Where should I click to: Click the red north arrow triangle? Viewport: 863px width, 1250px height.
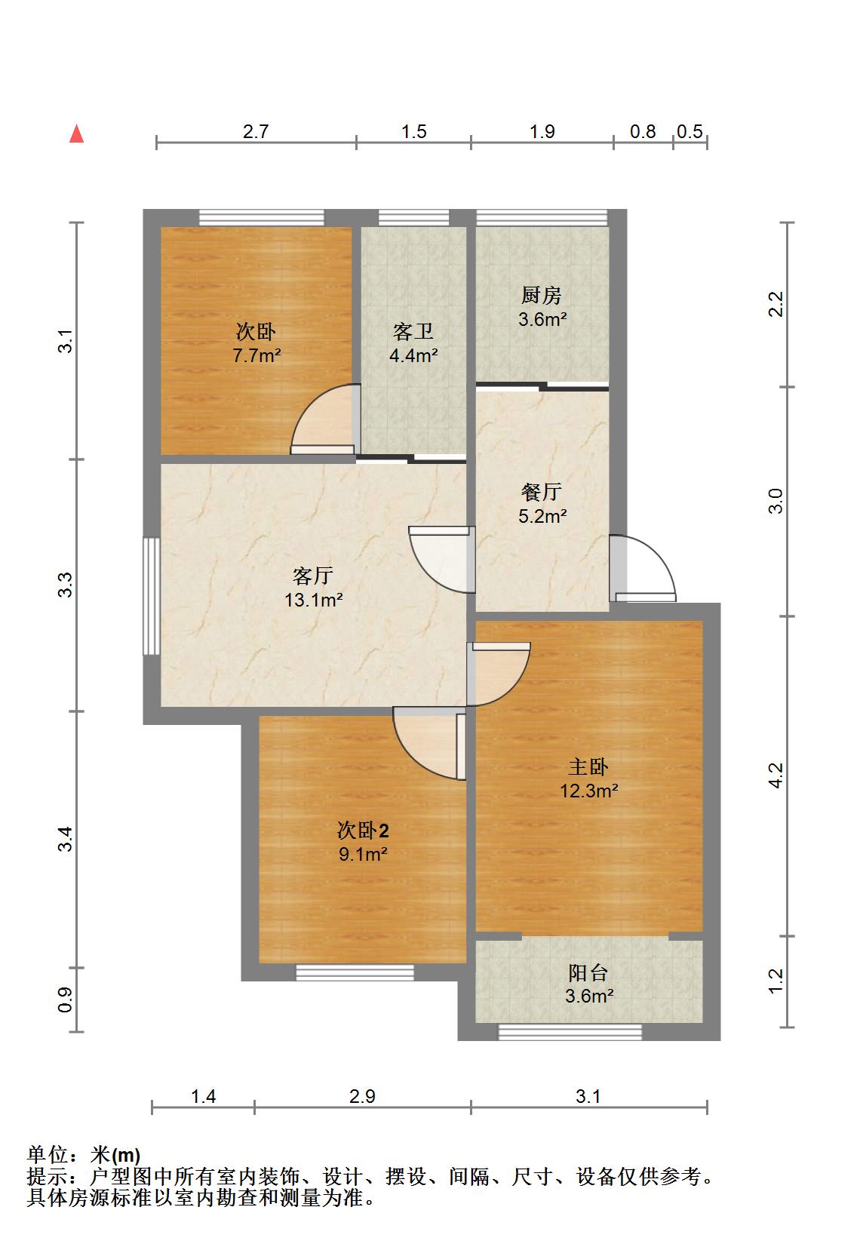click(76, 134)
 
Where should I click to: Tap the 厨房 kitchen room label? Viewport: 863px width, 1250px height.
click(541, 295)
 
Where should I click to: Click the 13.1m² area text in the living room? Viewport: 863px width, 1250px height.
click(314, 600)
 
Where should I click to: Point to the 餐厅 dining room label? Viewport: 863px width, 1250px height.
click(541, 492)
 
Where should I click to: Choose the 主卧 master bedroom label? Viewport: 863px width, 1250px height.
click(588, 766)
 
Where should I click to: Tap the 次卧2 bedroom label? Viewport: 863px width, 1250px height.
click(363, 831)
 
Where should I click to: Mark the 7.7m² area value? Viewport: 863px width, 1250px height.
click(256, 355)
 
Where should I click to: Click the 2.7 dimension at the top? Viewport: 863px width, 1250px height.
click(256, 132)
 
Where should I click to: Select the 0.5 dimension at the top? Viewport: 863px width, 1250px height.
click(689, 132)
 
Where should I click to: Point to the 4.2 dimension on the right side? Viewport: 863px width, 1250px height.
click(776, 775)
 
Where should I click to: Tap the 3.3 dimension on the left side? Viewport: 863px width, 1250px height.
click(66, 585)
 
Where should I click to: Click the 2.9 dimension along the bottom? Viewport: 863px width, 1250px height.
click(363, 1097)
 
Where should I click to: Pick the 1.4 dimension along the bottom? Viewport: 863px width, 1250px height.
click(203, 1097)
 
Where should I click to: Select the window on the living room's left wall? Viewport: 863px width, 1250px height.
click(152, 596)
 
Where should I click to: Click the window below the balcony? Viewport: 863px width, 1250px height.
click(570, 1032)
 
